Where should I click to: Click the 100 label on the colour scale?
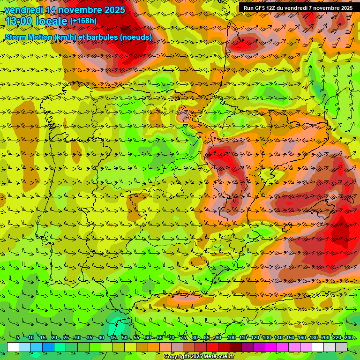point(231,337)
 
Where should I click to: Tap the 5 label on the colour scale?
point(17,337)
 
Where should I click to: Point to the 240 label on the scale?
point(348,337)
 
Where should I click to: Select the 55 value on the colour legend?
point(136,337)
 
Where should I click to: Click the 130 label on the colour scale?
point(266,337)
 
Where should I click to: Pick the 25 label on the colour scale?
point(66,337)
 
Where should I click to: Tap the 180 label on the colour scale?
point(313,337)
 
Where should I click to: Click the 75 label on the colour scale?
point(183,337)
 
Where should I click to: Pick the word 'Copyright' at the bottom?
point(177,357)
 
